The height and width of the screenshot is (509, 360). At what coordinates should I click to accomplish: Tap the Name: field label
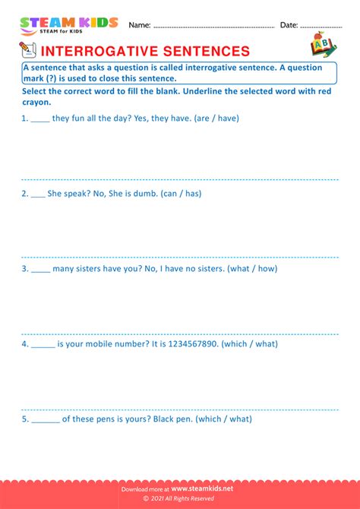click(x=140, y=25)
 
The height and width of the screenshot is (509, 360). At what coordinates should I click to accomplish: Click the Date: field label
click(x=289, y=25)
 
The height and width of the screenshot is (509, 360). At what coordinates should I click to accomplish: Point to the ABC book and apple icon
click(x=322, y=45)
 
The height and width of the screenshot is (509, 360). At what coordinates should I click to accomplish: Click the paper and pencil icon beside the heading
click(x=27, y=50)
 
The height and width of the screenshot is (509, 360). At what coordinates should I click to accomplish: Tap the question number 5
click(x=24, y=419)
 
